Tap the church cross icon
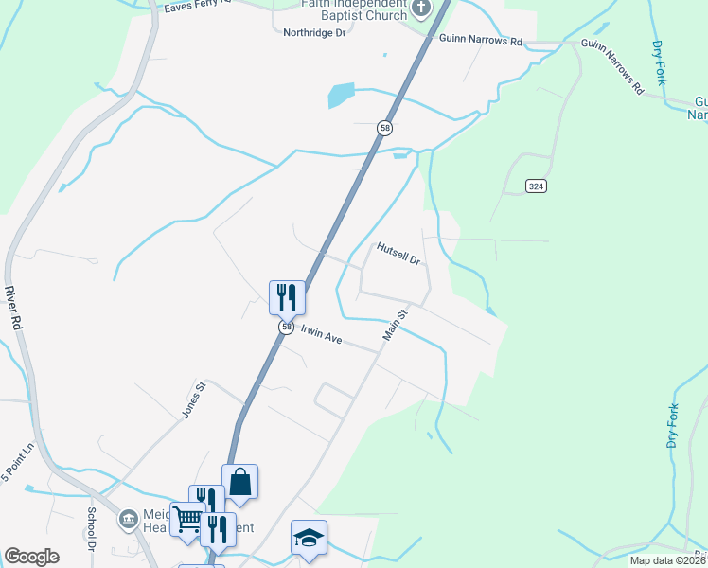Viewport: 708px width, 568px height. [421, 10]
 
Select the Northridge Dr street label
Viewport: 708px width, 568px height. [315, 32]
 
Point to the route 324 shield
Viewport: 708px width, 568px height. [536, 186]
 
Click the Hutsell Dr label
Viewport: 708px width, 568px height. [398, 253]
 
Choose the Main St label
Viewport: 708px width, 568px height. [395, 324]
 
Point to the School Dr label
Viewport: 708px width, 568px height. [93, 529]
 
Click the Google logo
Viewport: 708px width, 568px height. [31, 556]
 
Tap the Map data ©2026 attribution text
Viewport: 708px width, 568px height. [667, 560]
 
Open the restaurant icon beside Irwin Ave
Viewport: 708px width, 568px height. [287, 297]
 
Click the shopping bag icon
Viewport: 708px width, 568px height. [240, 481]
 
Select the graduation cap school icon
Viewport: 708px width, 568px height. [309, 537]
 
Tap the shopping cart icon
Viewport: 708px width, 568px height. [187, 519]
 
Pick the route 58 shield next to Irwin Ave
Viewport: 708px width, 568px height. [285, 327]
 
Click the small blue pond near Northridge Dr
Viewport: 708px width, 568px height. [340, 95]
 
